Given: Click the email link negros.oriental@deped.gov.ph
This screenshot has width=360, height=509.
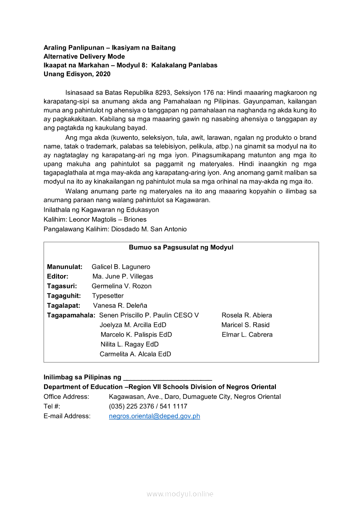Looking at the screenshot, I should tap(154, 416).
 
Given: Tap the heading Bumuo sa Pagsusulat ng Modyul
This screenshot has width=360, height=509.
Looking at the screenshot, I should tap(181, 247).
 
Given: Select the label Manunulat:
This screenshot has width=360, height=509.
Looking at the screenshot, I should tap(65, 266).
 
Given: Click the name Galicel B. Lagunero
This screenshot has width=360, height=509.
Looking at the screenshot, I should tap(121, 266).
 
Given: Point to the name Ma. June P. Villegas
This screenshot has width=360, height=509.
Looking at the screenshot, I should tap(122, 276).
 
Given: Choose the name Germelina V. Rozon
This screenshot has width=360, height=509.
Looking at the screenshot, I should tap(122, 286).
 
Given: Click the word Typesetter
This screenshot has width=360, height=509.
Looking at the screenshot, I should tap(108, 296).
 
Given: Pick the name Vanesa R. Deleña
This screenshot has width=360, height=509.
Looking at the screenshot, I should tap(120, 305).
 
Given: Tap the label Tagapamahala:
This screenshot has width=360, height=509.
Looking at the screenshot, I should tap(71, 315).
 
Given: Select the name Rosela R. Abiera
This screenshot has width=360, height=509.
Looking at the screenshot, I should tap(247, 315).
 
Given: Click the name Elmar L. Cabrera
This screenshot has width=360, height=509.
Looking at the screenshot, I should tap(247, 334).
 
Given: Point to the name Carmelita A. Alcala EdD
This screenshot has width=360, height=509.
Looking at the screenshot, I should tap(135, 354).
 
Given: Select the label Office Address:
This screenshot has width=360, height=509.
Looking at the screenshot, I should tap(66, 397).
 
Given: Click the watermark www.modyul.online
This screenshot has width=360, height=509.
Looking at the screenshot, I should tap(180, 494).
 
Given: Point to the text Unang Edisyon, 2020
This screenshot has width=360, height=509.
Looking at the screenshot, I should tap(77, 74).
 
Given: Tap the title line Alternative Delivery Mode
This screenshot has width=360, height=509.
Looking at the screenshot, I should tap(84, 57).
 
